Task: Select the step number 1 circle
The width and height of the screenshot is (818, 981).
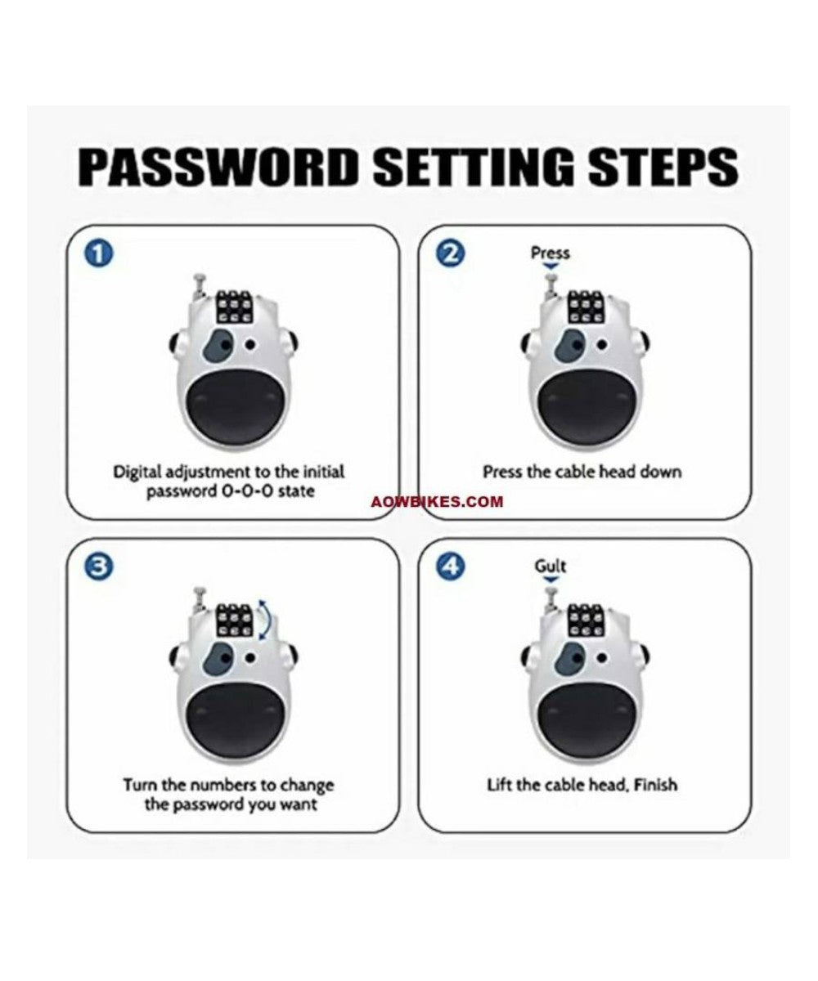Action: pos(98,253)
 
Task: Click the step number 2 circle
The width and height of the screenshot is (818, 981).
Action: pos(450,253)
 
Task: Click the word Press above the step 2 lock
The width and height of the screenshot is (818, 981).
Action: pos(550,253)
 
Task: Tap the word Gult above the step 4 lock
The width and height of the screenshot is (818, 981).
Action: pos(550,566)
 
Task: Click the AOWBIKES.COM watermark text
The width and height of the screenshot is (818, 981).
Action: pos(449,502)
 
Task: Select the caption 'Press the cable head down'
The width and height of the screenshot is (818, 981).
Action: pos(581,472)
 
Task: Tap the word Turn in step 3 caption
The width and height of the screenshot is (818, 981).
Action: pos(140,785)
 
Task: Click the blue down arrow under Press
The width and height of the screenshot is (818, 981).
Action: pos(551,267)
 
